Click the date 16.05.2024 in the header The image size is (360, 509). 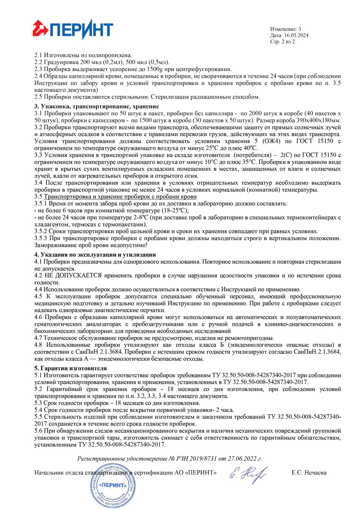tap(296, 35)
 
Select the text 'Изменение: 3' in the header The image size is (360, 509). tap(285, 29)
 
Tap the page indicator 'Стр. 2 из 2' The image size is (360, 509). tap(282, 41)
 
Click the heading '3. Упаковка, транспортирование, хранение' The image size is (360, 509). tap(96, 106)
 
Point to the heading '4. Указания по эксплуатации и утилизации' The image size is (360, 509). tap(95, 255)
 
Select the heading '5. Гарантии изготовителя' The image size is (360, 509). tap(71, 368)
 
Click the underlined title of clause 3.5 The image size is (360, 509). tap(120, 197)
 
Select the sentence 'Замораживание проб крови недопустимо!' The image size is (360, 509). tap(91, 245)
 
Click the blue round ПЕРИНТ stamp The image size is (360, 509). tap(113, 486)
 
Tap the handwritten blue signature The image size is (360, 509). tap(248, 474)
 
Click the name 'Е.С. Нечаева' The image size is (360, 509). tap(309, 473)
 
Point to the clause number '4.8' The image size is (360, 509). tap(39, 345)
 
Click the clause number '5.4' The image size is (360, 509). tap(39, 410)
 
